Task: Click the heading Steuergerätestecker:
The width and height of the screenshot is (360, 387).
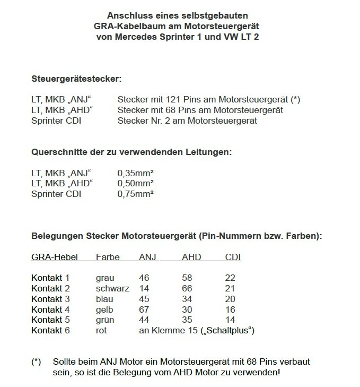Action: coord(76,79)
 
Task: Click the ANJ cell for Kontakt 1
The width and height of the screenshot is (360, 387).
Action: coord(144,278)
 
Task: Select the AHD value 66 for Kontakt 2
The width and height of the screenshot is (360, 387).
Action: coord(187,288)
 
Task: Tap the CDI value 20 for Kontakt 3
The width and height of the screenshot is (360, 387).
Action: coord(230,299)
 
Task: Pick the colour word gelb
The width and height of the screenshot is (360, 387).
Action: coord(104,309)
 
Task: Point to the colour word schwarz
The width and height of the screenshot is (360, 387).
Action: coord(112,288)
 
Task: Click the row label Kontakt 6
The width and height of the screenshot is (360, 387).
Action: coord(50,331)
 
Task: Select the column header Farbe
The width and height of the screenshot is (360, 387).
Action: coord(108,257)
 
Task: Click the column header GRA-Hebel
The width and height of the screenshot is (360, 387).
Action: coord(55,257)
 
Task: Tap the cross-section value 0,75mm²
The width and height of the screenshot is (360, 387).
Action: coord(135,194)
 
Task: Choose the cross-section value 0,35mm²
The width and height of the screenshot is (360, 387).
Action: coord(135,173)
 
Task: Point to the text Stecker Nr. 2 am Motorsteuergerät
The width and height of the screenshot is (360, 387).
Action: coord(187,121)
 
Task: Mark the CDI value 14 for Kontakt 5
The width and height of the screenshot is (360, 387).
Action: coord(230,320)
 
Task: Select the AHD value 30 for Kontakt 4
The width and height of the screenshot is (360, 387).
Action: coord(187,309)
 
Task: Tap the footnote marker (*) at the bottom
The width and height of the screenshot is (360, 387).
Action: coord(36,362)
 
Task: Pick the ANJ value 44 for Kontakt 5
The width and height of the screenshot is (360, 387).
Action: coord(144,320)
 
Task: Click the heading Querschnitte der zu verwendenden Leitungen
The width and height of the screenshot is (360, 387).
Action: coord(132,152)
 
